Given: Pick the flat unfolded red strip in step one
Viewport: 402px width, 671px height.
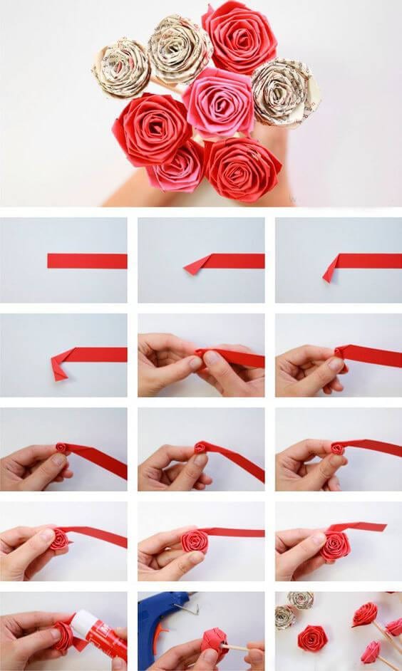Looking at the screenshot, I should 87,261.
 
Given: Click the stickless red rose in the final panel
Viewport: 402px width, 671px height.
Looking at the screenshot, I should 313,638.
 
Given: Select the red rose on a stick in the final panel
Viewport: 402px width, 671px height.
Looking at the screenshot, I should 365,613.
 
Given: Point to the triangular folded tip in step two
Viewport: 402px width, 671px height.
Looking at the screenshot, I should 197,266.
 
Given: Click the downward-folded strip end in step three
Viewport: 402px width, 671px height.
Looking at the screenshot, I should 330,270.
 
